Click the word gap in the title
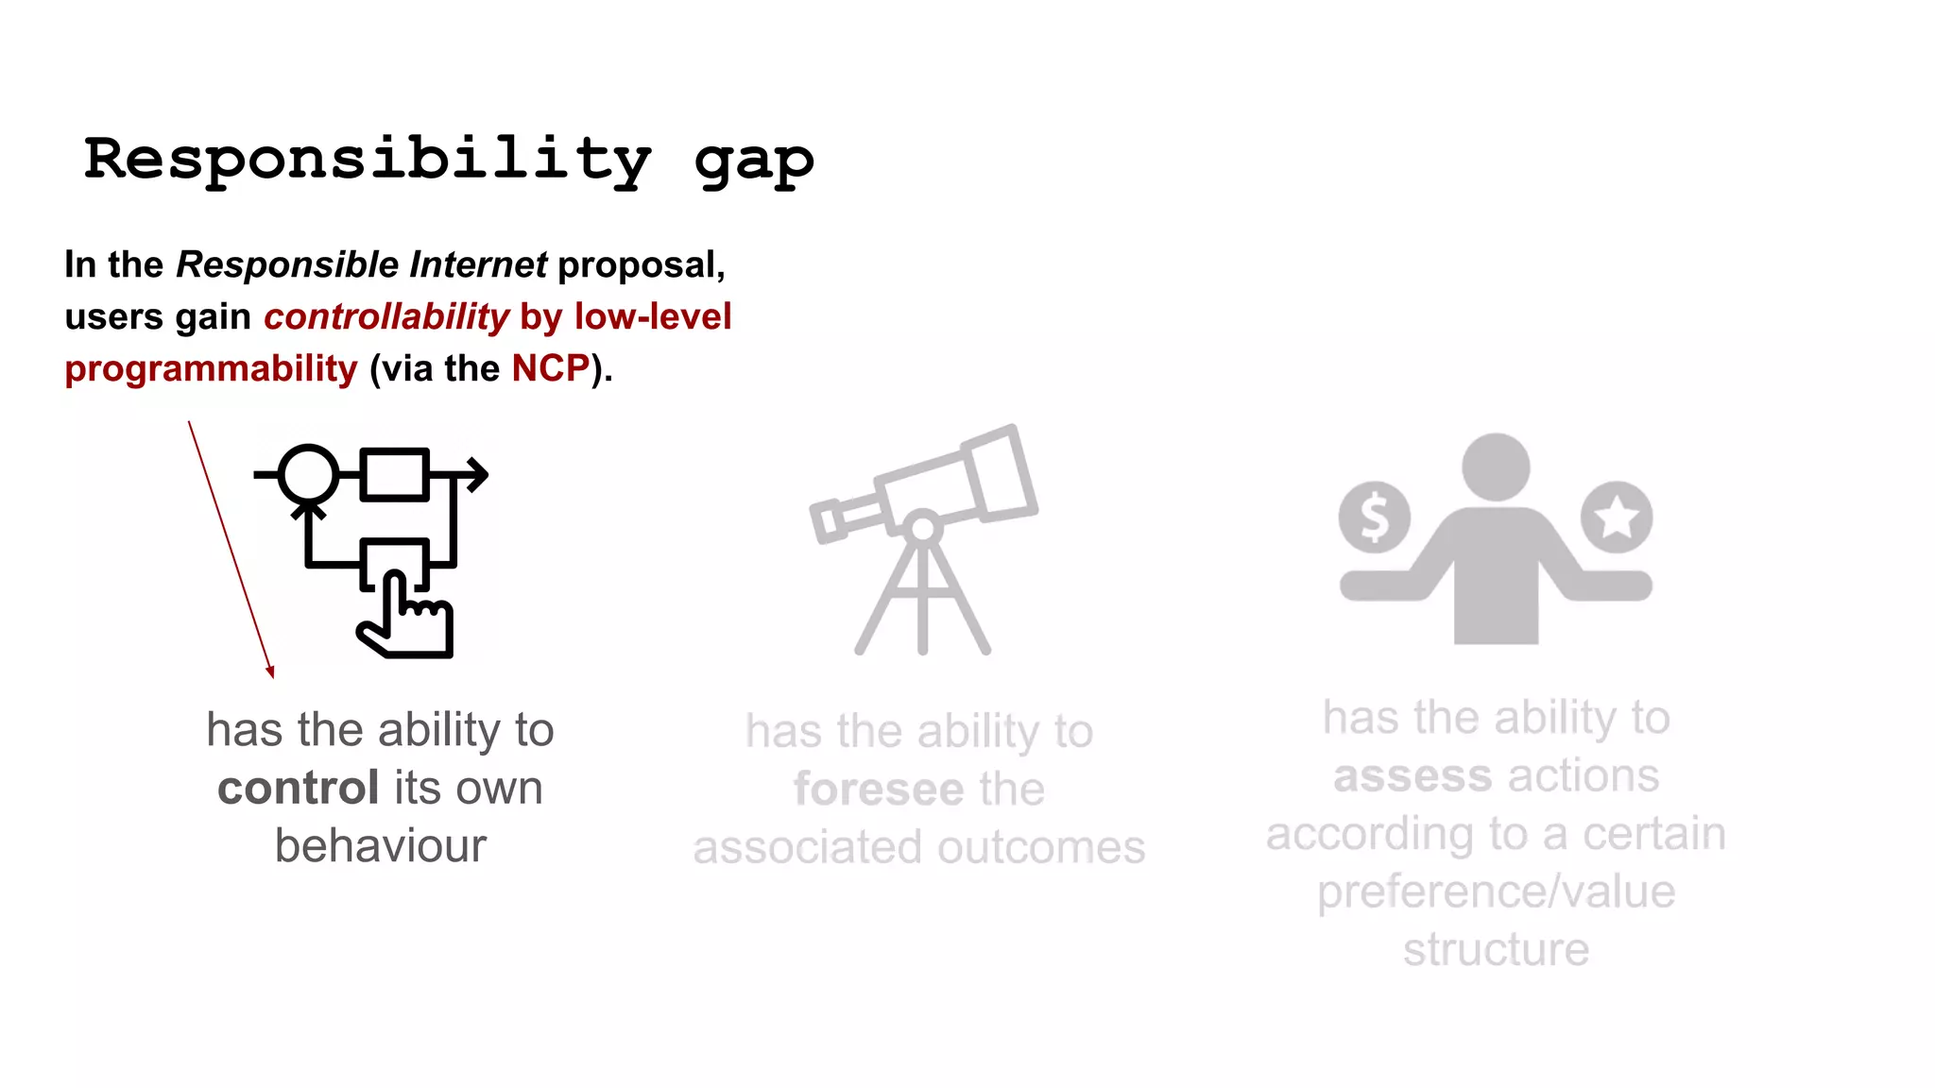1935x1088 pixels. tap(753, 162)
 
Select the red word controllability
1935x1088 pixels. tap(386, 316)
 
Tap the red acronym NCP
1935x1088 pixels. tap(551, 368)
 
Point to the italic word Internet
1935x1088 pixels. tap(478, 264)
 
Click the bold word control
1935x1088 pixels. tap(299, 788)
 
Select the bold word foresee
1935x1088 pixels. tap(879, 789)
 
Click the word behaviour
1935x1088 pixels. tap(381, 845)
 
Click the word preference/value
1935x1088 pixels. tap(1497, 892)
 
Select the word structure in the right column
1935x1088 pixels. tap(1497, 949)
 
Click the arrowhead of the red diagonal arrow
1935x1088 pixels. tap(270, 671)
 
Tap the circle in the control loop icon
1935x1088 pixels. tap(308, 474)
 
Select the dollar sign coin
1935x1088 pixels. tap(1375, 518)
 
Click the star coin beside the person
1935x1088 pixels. tap(1617, 517)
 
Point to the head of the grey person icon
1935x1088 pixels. tap(1496, 467)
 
